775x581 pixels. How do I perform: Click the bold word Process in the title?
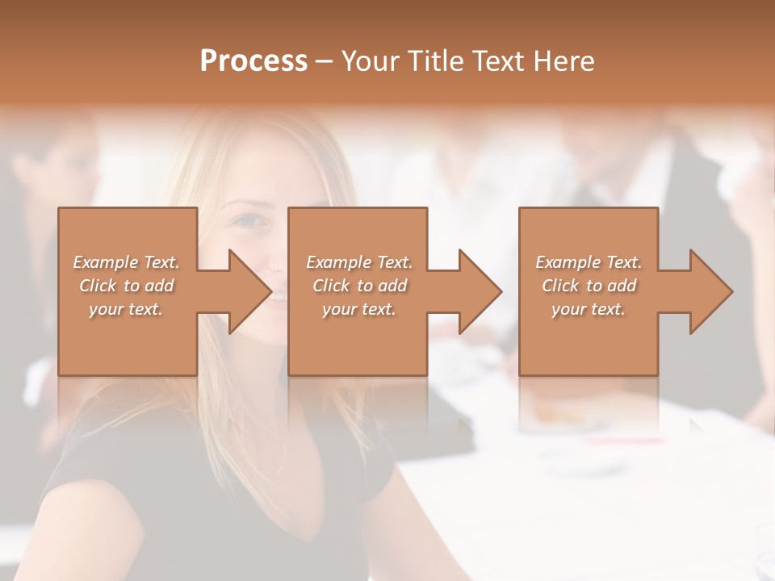(253, 61)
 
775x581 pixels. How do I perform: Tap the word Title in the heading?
(433, 61)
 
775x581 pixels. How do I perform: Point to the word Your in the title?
(372, 61)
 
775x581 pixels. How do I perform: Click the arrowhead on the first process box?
(242, 291)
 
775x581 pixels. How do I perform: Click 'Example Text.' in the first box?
(126, 262)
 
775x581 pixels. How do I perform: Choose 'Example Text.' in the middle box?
(359, 262)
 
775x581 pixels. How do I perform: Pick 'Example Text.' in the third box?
(589, 262)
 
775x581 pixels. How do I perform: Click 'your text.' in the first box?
(126, 309)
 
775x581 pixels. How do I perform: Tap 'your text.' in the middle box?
(359, 309)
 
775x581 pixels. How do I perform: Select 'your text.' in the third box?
(589, 309)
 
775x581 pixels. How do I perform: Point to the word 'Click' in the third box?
(560, 286)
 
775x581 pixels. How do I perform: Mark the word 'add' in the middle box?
(392, 286)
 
